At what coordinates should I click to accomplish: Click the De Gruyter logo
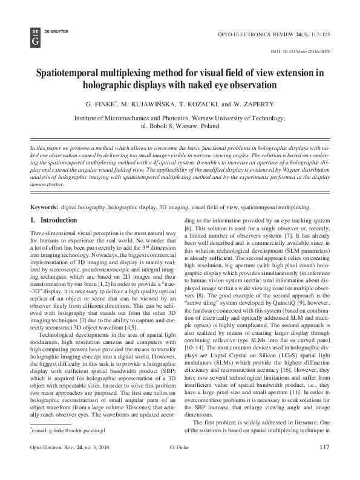pyautogui.click(x=34, y=36)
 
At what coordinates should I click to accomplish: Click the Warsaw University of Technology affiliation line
pyautogui.click(x=180, y=119)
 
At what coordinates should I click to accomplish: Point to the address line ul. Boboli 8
pyautogui.click(x=180, y=128)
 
